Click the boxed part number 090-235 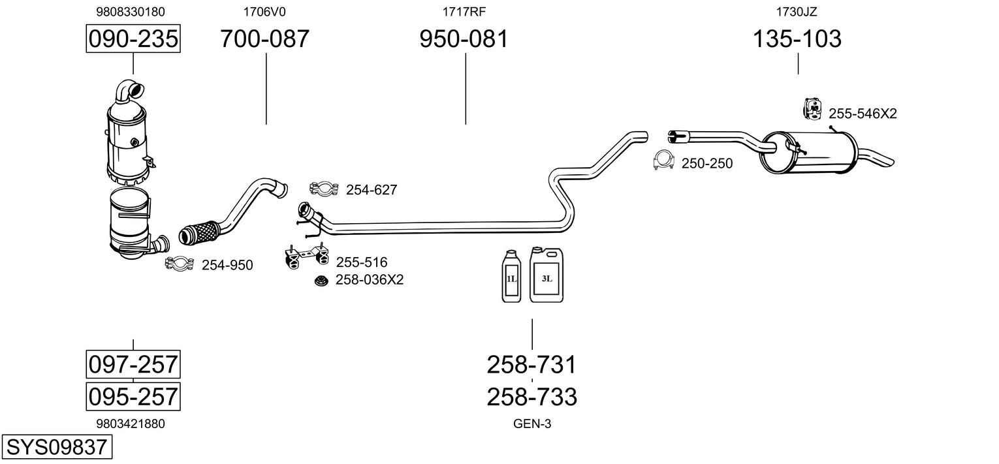[x=133, y=39]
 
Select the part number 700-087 [x=264, y=39]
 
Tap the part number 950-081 [x=464, y=39]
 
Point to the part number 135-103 [x=797, y=39]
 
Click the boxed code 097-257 [x=133, y=363]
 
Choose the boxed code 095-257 [x=133, y=396]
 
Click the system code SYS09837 [x=55, y=448]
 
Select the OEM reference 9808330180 [x=131, y=12]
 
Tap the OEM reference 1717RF [x=464, y=12]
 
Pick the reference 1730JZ [x=797, y=12]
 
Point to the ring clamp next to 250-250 [x=663, y=161]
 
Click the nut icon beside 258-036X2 [x=321, y=281]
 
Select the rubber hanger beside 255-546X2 [x=812, y=110]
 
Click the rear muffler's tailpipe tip [x=881, y=159]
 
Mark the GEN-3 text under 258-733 [x=532, y=424]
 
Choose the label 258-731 [x=532, y=365]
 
